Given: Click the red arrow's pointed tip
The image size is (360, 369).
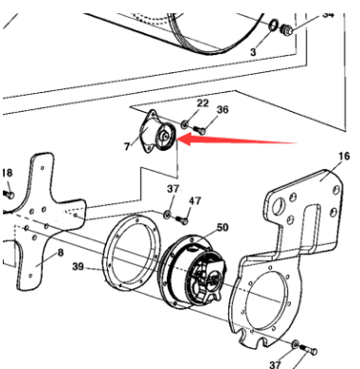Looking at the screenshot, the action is (177, 139).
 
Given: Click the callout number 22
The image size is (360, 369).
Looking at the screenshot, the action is (203, 103).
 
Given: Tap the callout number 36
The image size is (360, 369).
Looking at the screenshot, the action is (223, 110).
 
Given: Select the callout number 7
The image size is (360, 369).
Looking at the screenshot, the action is (127, 146).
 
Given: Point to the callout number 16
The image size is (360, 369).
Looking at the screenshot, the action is (344, 156).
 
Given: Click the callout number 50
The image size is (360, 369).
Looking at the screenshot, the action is (223, 228).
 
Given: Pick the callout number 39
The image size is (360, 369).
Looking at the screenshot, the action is (78, 267).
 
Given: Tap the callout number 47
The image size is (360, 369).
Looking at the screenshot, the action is (194, 201).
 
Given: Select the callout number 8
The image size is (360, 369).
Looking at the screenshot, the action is (61, 252).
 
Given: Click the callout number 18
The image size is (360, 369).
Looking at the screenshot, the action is (8, 173).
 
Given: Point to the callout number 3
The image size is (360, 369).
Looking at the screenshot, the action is (253, 52).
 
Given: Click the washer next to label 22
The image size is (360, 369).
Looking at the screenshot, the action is (185, 124).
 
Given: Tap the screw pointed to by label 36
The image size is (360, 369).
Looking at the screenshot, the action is (199, 129).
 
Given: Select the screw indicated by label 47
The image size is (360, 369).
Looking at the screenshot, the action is (182, 220).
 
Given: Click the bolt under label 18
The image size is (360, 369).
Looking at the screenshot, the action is (9, 194).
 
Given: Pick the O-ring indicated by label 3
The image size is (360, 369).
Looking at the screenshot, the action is (274, 26).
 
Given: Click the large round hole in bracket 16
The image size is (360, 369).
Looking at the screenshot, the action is (279, 207).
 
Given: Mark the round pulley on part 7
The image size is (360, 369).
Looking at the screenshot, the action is (166, 138).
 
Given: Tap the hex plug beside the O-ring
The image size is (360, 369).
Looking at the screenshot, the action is (287, 29).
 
